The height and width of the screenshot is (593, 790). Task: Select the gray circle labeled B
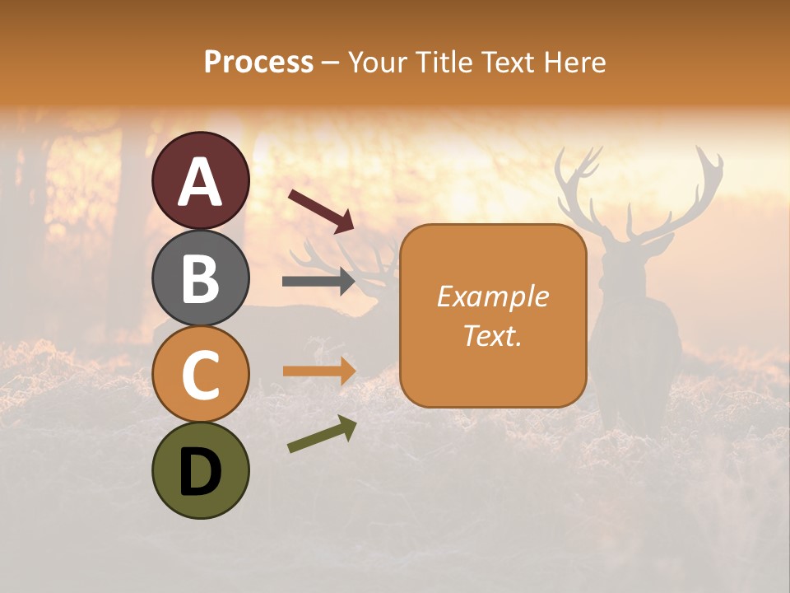point(200,278)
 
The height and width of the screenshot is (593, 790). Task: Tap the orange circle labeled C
point(200,374)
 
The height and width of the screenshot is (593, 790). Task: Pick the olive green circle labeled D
point(200,470)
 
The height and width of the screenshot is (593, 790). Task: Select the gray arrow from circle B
point(318,282)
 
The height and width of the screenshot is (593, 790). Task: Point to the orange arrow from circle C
point(318,371)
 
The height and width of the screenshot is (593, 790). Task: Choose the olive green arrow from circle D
point(322,434)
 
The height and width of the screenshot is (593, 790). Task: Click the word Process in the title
point(258,63)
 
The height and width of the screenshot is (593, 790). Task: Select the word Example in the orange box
point(492,296)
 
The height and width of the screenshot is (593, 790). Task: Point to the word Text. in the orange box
point(492,335)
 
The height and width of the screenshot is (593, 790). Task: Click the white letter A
point(200,182)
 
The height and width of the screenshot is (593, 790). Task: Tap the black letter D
point(200,472)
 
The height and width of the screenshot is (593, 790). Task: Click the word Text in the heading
point(507,63)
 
